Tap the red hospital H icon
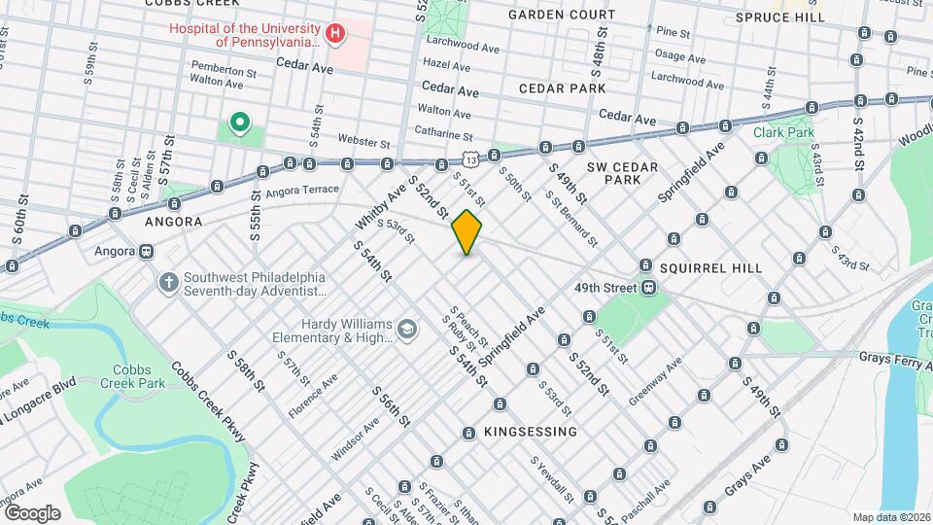(335, 35)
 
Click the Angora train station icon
(146, 251)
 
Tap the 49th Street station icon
(647, 288)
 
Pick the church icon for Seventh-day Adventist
(168, 283)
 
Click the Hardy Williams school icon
(406, 332)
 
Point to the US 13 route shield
(469, 157)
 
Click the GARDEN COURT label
(561, 16)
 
